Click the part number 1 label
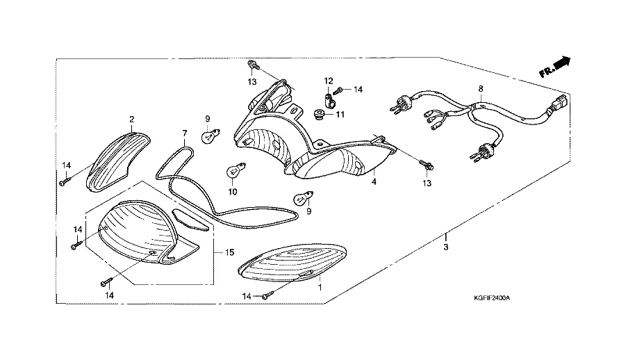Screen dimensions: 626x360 (x=320, y=286)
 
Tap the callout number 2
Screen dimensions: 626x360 (x=131, y=120)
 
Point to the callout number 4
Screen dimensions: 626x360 (x=374, y=183)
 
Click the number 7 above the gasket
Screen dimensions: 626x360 (x=185, y=133)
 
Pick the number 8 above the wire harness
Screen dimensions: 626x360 (x=479, y=90)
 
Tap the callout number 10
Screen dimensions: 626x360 (x=233, y=192)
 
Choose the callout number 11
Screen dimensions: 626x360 (x=340, y=114)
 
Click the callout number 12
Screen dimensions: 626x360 (x=328, y=81)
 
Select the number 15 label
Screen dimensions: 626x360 (x=229, y=253)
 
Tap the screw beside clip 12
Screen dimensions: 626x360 (x=339, y=90)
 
